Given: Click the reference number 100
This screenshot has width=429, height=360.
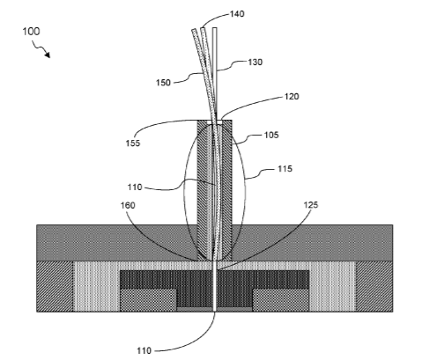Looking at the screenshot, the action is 31,32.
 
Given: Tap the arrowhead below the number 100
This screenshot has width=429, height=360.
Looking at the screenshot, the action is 48,55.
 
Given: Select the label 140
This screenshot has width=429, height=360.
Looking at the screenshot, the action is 237,14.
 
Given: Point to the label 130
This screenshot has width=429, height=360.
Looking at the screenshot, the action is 255,62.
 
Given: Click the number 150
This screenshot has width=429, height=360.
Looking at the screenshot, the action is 163,83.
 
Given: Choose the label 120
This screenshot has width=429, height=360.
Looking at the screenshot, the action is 292,97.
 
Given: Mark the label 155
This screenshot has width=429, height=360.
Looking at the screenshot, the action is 133,143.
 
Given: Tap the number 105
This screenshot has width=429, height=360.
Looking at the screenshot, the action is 271,135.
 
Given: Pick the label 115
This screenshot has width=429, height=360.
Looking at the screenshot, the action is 285,169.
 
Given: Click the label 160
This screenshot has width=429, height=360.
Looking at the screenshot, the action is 128,205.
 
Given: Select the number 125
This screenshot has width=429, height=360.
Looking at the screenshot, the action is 311,205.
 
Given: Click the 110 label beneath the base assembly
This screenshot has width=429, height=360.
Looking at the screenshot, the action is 144,350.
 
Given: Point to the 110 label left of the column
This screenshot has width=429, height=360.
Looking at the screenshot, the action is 135,187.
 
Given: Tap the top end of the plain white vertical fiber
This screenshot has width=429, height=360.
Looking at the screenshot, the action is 215,28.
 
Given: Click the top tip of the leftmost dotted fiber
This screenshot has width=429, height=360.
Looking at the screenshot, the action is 194,30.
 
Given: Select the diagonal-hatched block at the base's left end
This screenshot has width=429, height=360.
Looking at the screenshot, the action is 55,286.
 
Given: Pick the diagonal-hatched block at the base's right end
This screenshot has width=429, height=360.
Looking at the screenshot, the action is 374,286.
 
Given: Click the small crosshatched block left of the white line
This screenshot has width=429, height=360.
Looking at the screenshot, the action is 148,300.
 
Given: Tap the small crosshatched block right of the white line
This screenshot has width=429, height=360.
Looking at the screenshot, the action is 281,300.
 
